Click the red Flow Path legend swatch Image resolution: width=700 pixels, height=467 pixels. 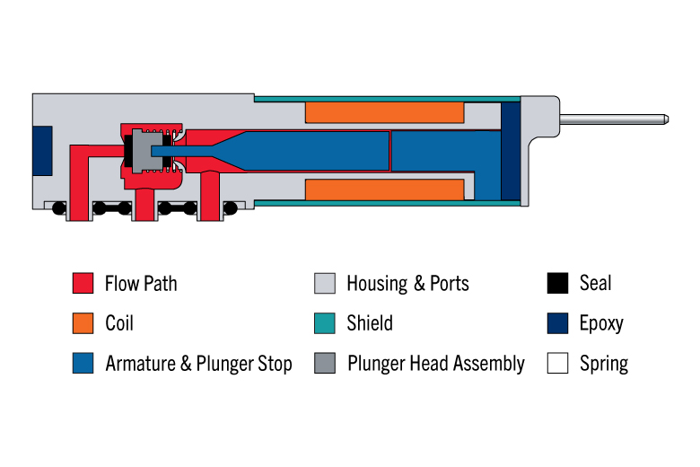[83, 283]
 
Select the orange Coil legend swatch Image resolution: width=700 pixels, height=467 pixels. [83, 323]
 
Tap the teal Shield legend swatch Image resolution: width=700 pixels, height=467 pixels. [325, 323]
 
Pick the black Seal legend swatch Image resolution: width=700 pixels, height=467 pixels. [557, 283]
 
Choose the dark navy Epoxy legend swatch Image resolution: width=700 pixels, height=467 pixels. [557, 323]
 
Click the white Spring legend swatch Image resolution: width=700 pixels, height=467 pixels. [557, 363]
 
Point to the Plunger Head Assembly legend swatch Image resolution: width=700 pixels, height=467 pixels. [325, 363]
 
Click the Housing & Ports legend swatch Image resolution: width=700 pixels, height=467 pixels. [325, 283]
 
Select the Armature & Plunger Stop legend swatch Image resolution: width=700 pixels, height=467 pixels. [83, 363]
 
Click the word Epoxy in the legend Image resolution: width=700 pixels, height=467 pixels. [601, 323]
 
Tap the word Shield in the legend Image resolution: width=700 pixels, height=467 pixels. [370, 323]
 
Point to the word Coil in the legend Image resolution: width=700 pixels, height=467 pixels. [119, 323]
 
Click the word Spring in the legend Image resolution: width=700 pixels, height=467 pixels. [604, 364]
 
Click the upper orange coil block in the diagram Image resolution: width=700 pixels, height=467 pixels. [385, 112]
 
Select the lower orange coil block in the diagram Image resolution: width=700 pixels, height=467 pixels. [385, 189]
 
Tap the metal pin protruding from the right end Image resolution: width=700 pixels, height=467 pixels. [614, 119]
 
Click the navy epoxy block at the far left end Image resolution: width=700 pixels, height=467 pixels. [42, 151]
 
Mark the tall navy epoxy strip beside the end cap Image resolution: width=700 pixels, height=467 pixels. [511, 151]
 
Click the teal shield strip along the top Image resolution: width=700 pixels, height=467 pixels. [388, 99]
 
